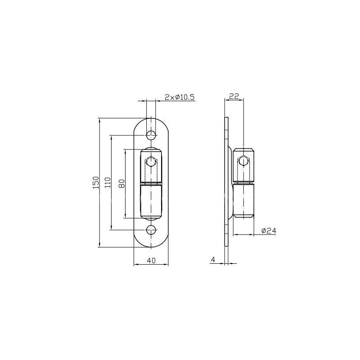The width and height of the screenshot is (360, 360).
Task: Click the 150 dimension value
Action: (96, 183)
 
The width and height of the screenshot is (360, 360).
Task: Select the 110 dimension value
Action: (108, 183)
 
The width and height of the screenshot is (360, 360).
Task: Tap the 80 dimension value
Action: (122, 184)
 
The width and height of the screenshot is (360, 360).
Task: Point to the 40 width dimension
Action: (151, 261)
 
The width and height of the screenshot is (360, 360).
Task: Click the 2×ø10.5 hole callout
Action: (180, 97)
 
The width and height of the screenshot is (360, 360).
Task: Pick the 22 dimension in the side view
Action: (234, 96)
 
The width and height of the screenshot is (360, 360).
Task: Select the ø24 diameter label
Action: (269, 231)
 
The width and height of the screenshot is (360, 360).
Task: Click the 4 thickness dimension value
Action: (213, 260)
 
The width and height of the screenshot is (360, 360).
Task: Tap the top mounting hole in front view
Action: (151, 135)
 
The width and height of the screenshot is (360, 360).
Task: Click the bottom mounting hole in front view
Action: (151, 230)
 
